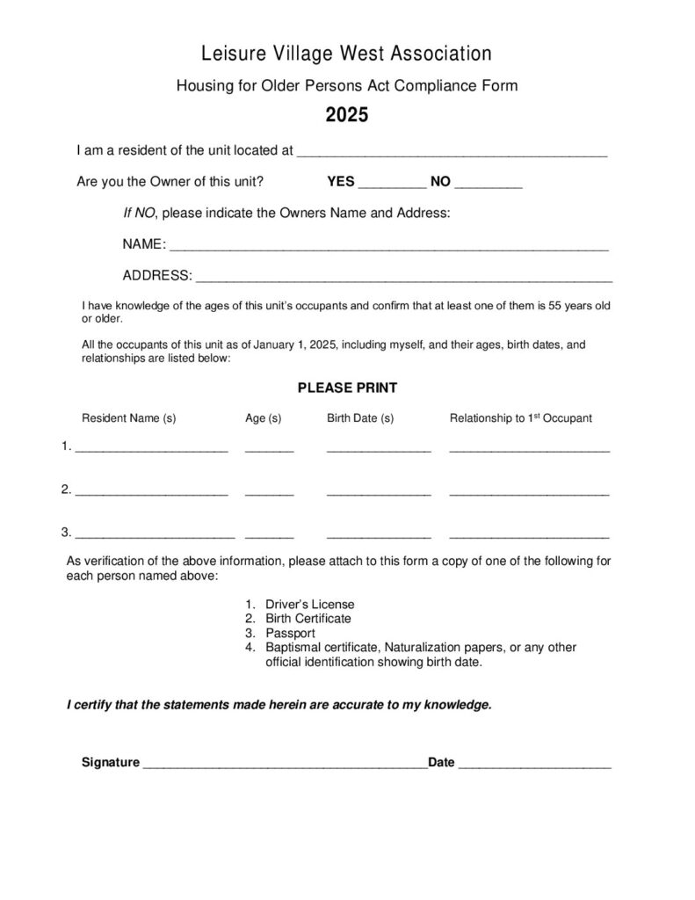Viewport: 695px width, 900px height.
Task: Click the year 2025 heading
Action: point(346,116)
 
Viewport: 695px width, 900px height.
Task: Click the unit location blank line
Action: point(452,153)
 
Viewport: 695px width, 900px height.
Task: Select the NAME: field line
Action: point(387,247)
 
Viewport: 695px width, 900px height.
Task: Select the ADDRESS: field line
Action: point(403,279)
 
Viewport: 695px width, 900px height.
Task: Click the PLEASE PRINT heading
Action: point(347,388)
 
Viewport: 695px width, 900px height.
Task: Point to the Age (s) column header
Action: point(263,418)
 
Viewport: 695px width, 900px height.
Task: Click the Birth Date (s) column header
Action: point(360,418)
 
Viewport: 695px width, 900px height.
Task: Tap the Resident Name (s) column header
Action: point(129,418)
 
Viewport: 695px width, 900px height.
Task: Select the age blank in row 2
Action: point(269,492)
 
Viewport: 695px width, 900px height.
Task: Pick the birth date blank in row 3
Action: point(378,534)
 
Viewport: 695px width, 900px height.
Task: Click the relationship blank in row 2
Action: point(529,492)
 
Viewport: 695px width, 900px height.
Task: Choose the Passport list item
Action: point(289,633)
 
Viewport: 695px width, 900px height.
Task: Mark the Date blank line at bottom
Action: point(534,766)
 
